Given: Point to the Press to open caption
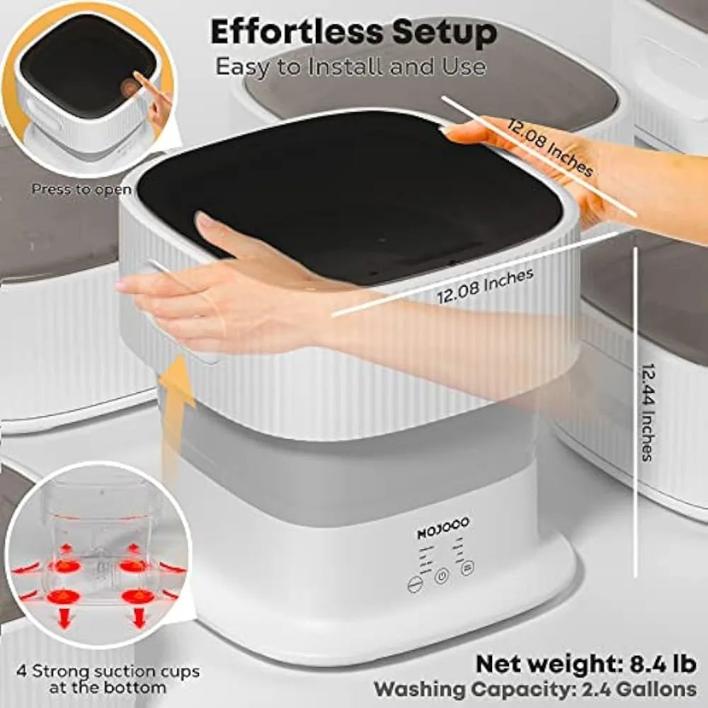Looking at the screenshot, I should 81,189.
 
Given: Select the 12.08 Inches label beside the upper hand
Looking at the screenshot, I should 549,147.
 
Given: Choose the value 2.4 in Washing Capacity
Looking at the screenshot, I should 591,688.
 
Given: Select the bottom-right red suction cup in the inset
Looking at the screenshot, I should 132,596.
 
